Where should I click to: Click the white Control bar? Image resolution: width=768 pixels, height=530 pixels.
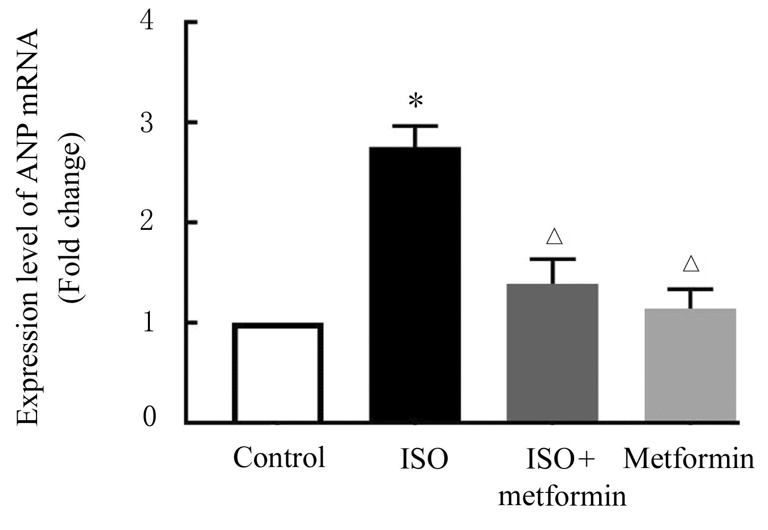click(x=277, y=373)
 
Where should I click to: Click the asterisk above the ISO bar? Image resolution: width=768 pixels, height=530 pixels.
click(x=415, y=102)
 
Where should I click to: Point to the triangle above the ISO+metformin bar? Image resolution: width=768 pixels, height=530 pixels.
click(x=554, y=236)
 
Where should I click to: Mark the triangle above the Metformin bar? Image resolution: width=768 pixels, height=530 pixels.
click(x=691, y=264)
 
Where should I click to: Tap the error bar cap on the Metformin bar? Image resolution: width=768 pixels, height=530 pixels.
click(x=690, y=289)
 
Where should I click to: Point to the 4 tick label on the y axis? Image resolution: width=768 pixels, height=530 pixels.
click(x=147, y=22)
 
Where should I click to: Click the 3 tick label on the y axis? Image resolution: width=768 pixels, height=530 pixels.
click(x=147, y=122)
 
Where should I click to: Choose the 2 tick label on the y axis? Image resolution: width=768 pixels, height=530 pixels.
click(x=147, y=223)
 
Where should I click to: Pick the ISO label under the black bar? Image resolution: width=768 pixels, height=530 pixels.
click(x=423, y=460)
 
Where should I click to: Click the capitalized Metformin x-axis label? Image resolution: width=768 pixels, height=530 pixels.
click(x=689, y=459)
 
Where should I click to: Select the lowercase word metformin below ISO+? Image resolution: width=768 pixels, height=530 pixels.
click(x=562, y=496)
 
